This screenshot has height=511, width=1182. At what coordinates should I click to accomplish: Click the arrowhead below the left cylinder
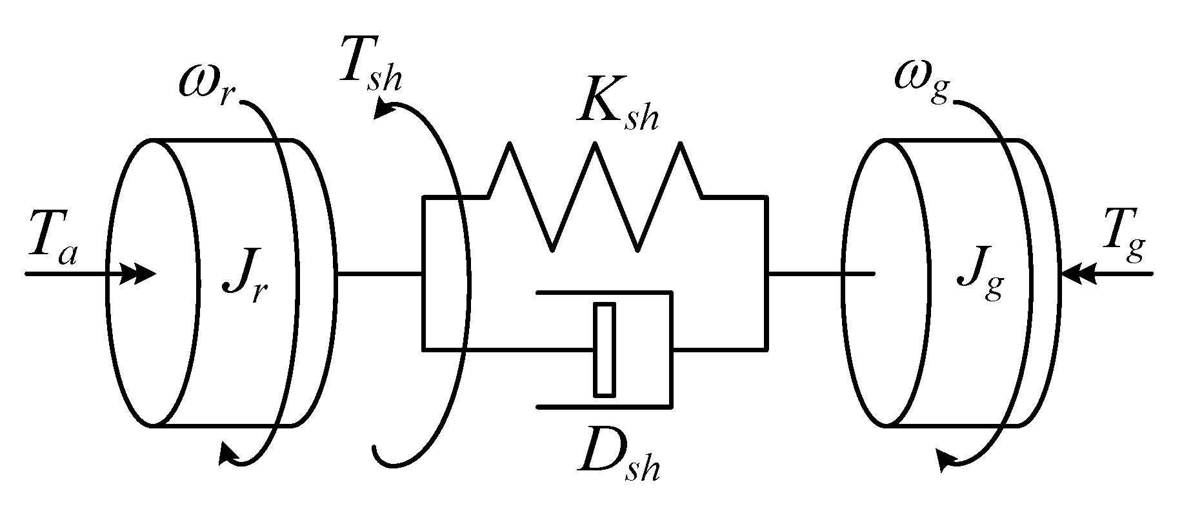(227, 454)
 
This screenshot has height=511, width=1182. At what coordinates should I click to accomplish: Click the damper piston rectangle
(605, 348)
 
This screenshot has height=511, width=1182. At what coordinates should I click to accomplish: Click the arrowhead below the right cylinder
(945, 460)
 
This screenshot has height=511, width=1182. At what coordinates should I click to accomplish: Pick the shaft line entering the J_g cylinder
(819, 274)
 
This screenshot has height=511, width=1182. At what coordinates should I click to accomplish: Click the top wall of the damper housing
(604, 293)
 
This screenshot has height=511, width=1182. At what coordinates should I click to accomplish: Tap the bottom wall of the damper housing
(604, 407)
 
